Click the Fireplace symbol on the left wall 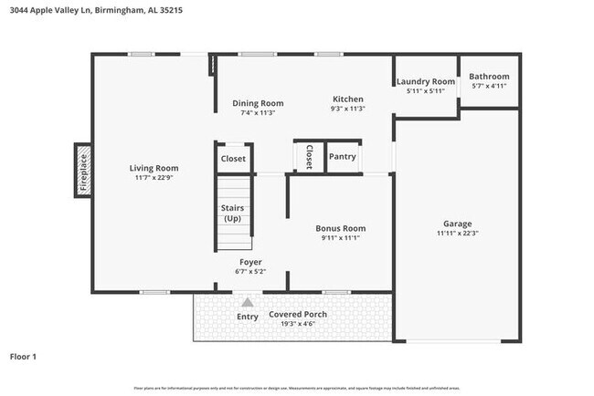[x=82, y=170]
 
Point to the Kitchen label [x=347, y=99]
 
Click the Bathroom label [x=489, y=77]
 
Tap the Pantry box [x=342, y=157]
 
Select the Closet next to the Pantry [x=309, y=157]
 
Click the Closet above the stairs [x=233, y=158]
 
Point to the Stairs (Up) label [x=232, y=214]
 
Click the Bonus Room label [x=340, y=228]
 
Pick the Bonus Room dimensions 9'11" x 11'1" [x=340, y=238]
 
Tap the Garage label [x=457, y=223]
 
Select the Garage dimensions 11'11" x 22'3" [x=457, y=233]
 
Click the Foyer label [x=250, y=261]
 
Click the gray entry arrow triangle [x=247, y=301]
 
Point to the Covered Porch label [x=297, y=315]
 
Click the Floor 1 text [x=23, y=357]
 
